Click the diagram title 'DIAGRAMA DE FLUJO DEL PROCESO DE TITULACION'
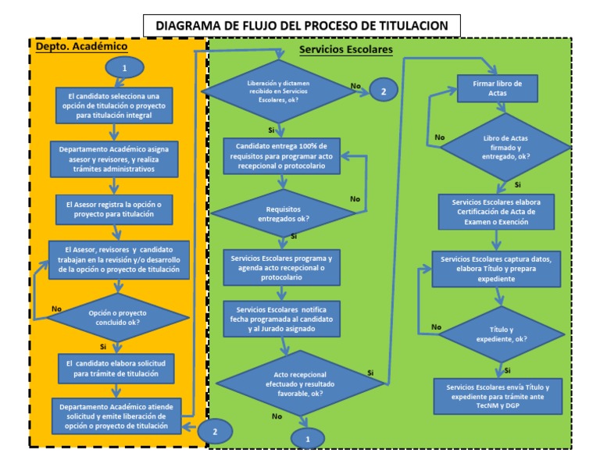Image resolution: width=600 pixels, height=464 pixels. point(302,26)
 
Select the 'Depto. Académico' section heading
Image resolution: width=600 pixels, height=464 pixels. point(82,46)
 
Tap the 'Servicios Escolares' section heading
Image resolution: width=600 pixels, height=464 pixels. point(346,49)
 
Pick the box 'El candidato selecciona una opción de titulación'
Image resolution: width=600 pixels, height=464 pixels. point(114,104)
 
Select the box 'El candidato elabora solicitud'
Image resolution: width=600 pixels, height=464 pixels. point(114,368)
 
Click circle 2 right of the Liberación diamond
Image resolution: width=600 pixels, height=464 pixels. point(383,91)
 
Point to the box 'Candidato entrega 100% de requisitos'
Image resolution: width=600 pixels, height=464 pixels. point(281,157)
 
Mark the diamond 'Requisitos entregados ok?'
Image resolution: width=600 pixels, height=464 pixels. point(281,213)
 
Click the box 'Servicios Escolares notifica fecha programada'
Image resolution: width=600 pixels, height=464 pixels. point(281,319)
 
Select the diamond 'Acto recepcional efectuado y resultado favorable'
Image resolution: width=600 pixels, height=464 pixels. point(295,383)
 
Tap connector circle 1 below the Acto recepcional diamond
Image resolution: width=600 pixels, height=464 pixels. point(308,440)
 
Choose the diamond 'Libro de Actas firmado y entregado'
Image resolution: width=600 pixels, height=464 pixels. point(501,146)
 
